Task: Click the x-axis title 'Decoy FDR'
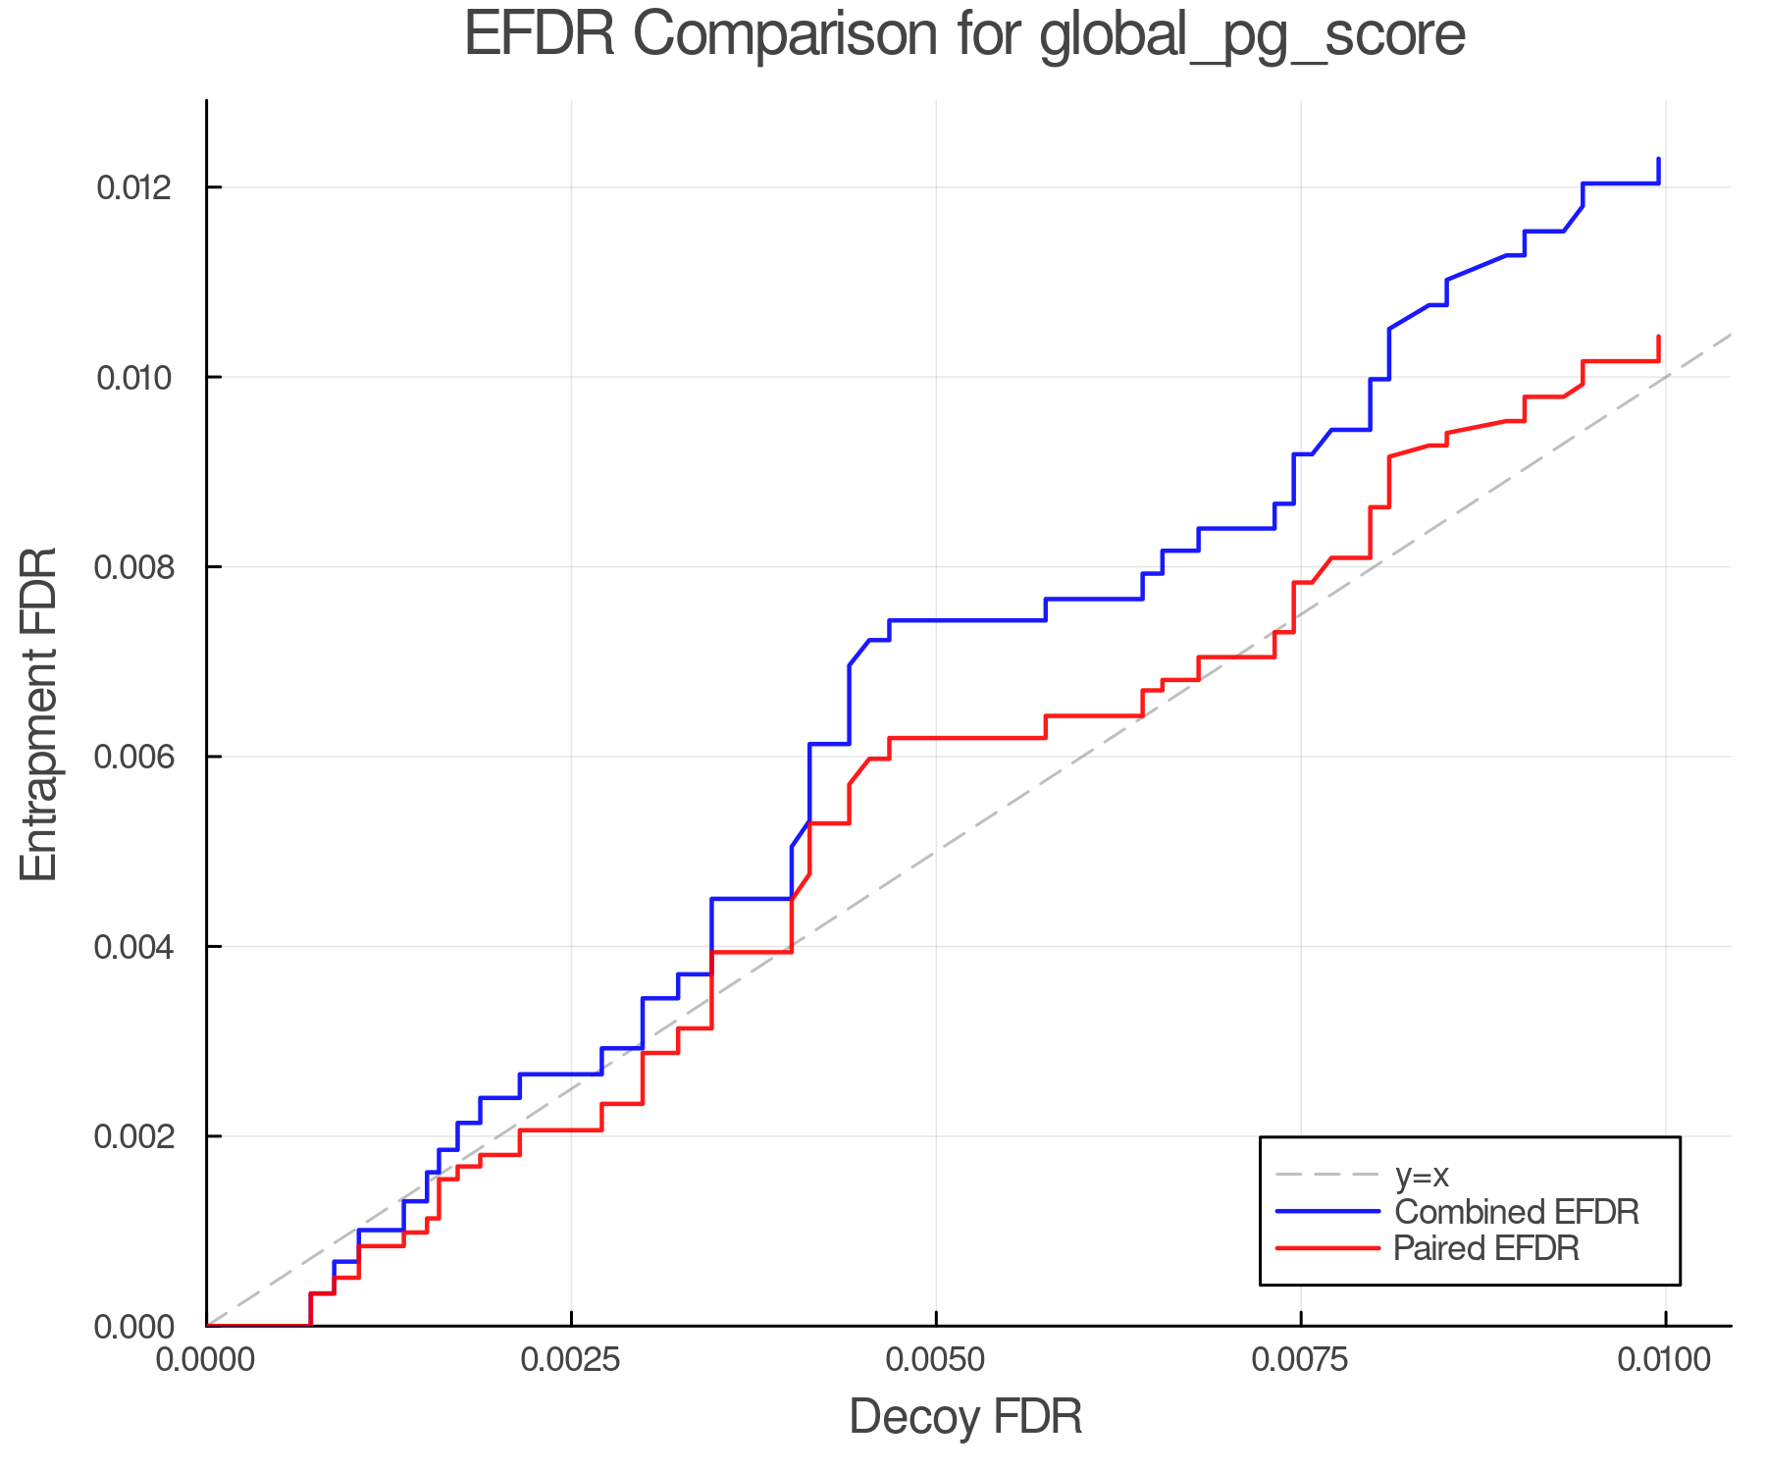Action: (965, 1417)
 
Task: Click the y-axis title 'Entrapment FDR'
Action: (40, 713)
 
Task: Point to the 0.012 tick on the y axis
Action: (145, 187)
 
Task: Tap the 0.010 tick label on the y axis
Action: (145, 378)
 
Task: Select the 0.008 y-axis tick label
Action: (145, 567)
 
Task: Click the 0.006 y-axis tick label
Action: (145, 758)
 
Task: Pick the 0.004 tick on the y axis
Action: (145, 947)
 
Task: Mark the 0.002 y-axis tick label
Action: (145, 1137)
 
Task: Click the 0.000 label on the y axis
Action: (145, 1327)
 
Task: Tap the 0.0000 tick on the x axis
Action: (207, 1360)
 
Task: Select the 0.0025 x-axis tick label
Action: (571, 1360)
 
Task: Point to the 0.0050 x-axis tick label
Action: (936, 1360)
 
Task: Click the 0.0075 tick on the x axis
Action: (1301, 1360)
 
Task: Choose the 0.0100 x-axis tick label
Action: (1665, 1360)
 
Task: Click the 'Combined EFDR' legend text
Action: (1517, 1212)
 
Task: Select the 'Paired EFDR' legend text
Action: (1486, 1248)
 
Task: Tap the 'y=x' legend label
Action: (1422, 1175)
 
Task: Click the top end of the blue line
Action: (1658, 159)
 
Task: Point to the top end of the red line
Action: (1658, 338)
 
